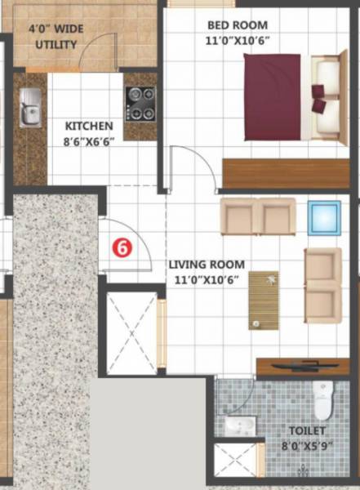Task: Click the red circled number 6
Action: coord(121,247)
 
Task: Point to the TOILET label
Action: coord(306,430)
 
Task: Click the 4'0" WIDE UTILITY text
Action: coord(56,38)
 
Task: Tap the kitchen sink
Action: coord(30,109)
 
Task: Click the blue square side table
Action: coord(324,218)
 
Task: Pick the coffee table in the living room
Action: coord(264,300)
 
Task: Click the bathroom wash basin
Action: coord(238,425)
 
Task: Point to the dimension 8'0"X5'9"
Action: coord(307,445)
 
